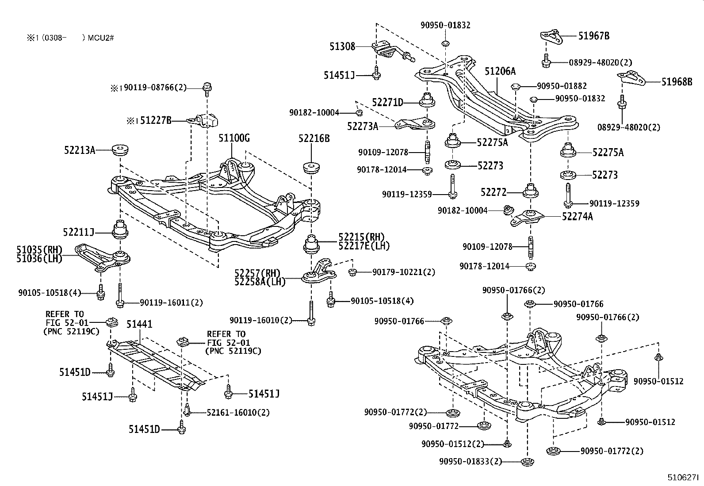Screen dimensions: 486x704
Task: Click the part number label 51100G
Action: pyautogui.click(x=234, y=138)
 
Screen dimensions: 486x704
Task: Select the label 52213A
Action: pyautogui.click(x=80, y=150)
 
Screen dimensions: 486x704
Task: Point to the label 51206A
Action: pyautogui.click(x=500, y=71)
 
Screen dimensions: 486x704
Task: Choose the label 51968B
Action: pyautogui.click(x=677, y=81)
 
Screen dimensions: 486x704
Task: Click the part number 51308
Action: pyautogui.click(x=342, y=46)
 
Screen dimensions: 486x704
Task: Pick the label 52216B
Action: pyautogui.click(x=314, y=138)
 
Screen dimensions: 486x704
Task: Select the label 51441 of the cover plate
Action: pyautogui.click(x=139, y=324)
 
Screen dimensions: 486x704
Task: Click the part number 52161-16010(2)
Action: pyautogui.click(x=238, y=412)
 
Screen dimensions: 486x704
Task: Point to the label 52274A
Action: pyautogui.click(x=578, y=216)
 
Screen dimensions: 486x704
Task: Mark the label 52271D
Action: pyautogui.click(x=388, y=103)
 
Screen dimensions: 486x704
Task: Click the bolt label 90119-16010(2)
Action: pyautogui.click(x=261, y=320)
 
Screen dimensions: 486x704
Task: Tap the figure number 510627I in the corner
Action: pyautogui.click(x=683, y=478)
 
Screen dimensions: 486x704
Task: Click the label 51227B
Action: pyautogui.click(x=155, y=120)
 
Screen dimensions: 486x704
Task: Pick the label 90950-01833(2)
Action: pyautogui.click(x=471, y=461)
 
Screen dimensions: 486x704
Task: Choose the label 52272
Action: pyautogui.click(x=494, y=192)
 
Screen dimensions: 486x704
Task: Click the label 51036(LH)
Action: pyautogui.click(x=40, y=259)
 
